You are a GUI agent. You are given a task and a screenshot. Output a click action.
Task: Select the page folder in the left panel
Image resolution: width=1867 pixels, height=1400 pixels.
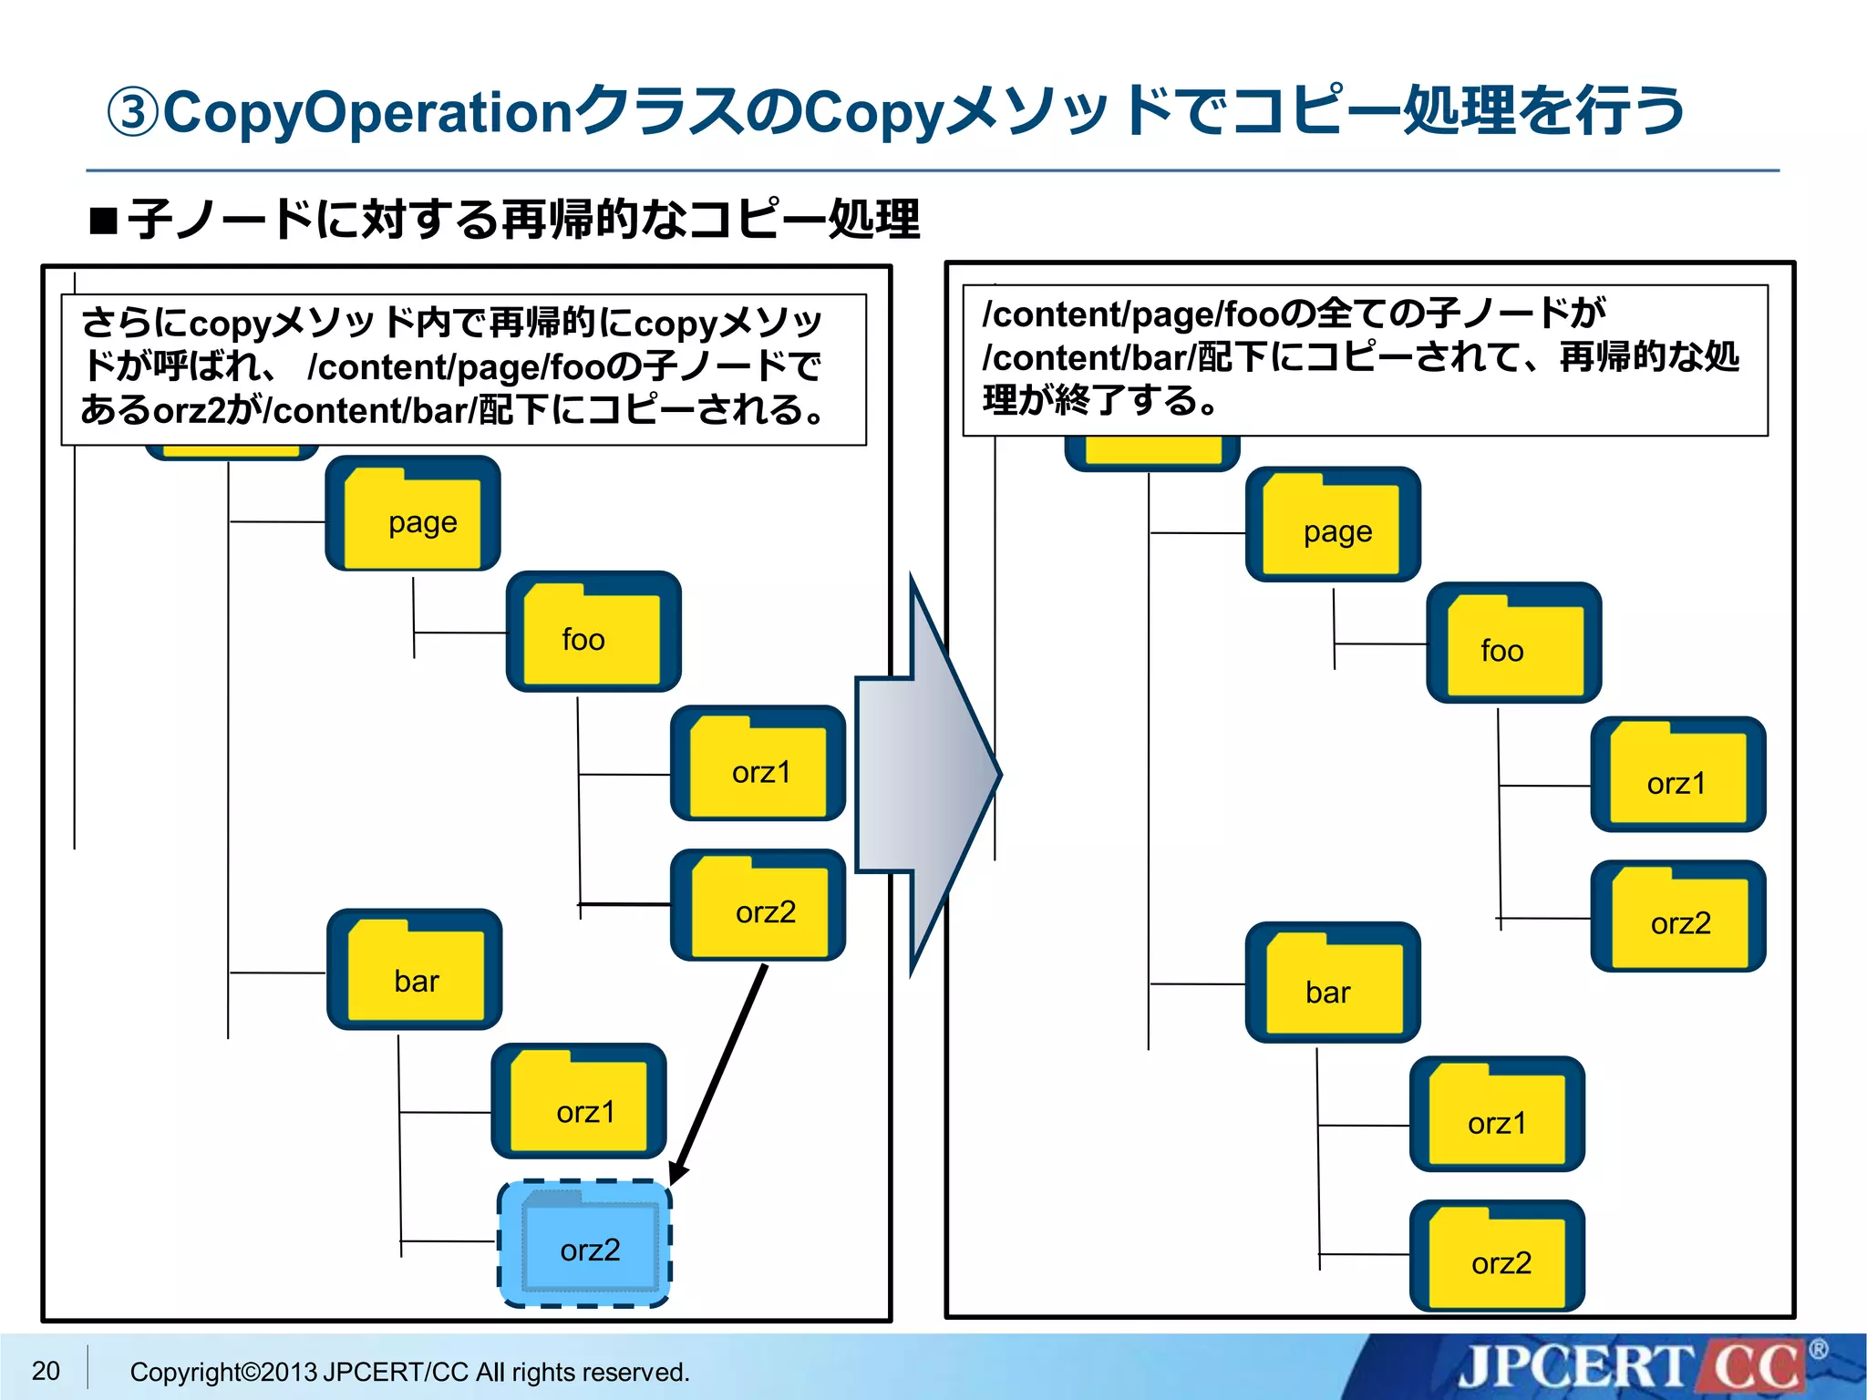(x=413, y=514)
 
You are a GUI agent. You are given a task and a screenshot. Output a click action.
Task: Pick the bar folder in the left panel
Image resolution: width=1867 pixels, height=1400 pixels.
(x=414, y=970)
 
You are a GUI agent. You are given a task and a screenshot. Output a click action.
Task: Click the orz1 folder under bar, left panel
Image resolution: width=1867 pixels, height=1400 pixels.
(x=579, y=1102)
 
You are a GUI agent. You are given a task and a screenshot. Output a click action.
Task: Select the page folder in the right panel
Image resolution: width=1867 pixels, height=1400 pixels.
(x=1333, y=525)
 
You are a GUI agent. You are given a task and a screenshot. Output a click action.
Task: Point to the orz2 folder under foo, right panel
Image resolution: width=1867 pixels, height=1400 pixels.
(x=1677, y=917)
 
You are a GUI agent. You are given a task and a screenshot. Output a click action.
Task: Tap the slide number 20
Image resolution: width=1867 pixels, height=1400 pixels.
(x=46, y=1370)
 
